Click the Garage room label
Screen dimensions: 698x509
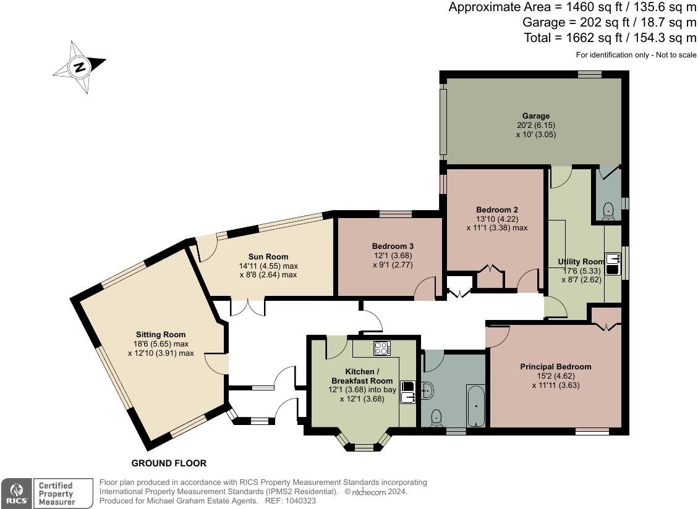(536, 116)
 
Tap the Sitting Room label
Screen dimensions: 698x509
(161, 335)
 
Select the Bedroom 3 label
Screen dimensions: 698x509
(393, 246)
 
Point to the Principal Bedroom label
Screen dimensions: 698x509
(556, 367)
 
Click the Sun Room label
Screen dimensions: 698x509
(268, 257)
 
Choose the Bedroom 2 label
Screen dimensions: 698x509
(497, 209)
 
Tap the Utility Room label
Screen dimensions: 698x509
(581, 262)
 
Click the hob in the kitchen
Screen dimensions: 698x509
(382, 348)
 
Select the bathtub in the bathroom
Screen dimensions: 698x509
(475, 405)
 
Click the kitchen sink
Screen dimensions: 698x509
(408, 392)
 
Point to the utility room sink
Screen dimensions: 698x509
(613, 264)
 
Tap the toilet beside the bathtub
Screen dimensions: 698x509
(436, 418)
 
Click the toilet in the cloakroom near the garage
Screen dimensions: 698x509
(608, 211)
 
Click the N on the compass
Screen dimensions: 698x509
(80, 67)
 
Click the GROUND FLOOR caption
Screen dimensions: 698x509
(169, 463)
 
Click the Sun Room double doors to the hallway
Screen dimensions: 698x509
(248, 307)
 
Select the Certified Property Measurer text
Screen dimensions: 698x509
(56, 494)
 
